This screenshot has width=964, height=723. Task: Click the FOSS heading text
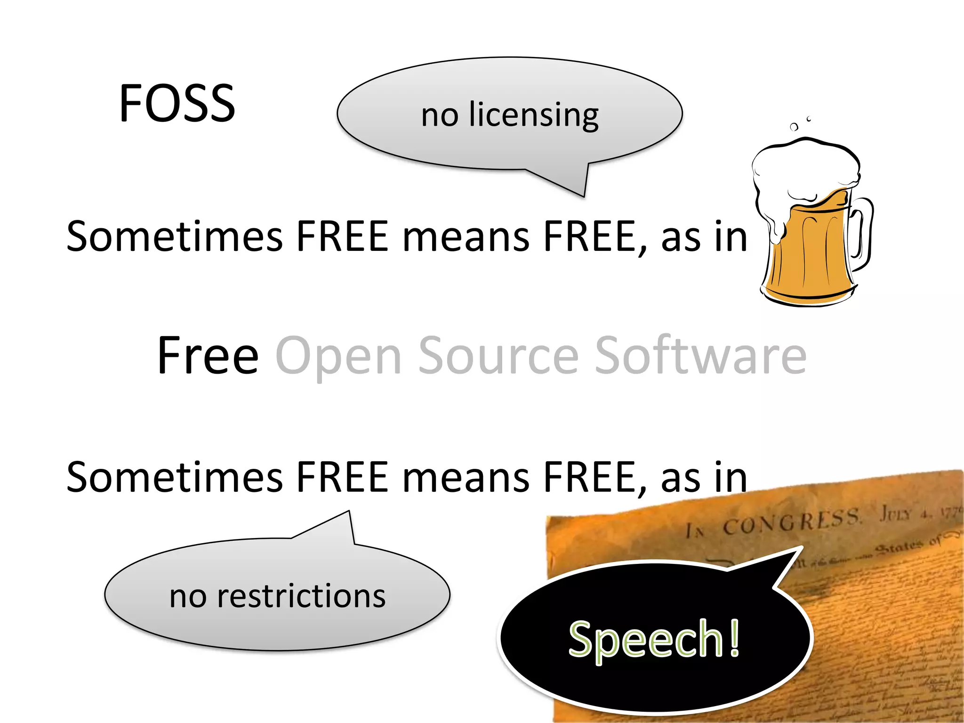[177, 103]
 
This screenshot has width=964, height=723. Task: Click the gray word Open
[338, 356]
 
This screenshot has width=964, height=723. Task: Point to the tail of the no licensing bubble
[577, 186]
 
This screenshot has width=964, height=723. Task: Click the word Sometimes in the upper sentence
[174, 236]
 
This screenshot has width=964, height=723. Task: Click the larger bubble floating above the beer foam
[794, 127]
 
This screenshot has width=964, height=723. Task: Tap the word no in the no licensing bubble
[440, 115]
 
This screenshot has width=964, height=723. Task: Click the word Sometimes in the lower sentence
[174, 478]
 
